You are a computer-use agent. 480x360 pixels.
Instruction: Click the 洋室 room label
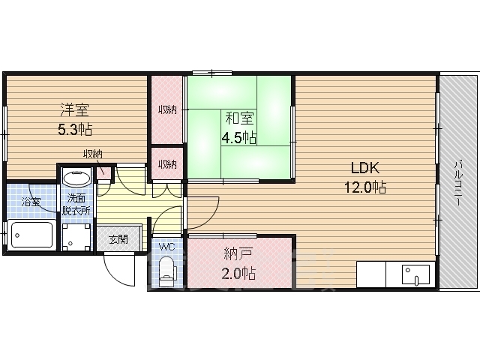(x=74, y=110)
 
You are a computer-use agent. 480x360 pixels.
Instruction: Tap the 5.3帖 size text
(x=75, y=130)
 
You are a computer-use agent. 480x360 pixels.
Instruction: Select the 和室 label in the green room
(x=239, y=118)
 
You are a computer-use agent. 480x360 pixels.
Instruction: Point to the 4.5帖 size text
(x=239, y=137)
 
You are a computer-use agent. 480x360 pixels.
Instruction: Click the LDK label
(x=365, y=168)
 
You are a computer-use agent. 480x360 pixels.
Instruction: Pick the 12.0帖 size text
(x=365, y=187)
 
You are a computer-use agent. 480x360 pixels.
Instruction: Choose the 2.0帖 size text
(x=238, y=273)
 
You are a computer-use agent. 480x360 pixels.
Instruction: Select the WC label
(x=166, y=247)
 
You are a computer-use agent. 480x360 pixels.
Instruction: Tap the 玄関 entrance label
(x=118, y=239)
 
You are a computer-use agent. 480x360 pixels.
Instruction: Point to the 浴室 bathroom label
(x=31, y=202)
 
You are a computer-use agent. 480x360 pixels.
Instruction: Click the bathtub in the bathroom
(x=31, y=235)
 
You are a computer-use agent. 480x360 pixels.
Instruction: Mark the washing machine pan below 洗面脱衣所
(x=76, y=237)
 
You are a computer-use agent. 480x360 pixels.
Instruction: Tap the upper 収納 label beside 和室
(x=167, y=109)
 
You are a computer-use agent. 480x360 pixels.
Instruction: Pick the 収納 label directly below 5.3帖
(x=93, y=154)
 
